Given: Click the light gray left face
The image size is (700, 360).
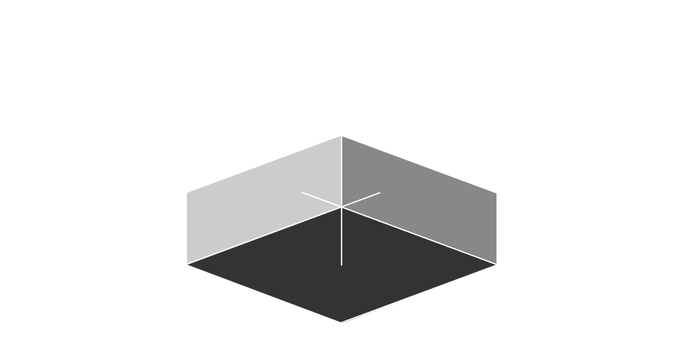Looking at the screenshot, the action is [250, 208].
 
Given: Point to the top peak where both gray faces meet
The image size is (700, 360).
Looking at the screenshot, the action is [341, 136].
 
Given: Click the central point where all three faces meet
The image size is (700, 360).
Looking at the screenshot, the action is [341, 207].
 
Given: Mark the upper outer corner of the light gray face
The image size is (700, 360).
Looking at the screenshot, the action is [187, 193].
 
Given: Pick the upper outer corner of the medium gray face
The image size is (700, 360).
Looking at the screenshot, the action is [496, 193].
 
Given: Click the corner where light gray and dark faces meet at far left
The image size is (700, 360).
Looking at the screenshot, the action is [187, 264].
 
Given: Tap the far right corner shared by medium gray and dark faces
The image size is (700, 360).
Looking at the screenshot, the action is [496, 264].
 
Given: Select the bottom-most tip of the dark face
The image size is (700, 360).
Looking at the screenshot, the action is [342, 322].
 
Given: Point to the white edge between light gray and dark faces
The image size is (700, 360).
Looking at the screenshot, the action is [265, 235].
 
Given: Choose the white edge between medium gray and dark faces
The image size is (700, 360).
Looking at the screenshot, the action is [419, 235].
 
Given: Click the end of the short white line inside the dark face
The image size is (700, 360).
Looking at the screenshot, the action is [342, 265].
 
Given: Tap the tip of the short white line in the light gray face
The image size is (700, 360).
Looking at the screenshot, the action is [302, 192].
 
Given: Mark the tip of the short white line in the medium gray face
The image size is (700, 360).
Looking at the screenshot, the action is [380, 192].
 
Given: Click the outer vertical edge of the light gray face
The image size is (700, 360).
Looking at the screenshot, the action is [187, 228].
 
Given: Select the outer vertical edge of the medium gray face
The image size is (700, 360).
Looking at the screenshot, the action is [496, 228].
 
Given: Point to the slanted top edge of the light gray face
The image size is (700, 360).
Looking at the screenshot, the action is [265, 165].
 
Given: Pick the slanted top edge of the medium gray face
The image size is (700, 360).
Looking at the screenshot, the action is [419, 165].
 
